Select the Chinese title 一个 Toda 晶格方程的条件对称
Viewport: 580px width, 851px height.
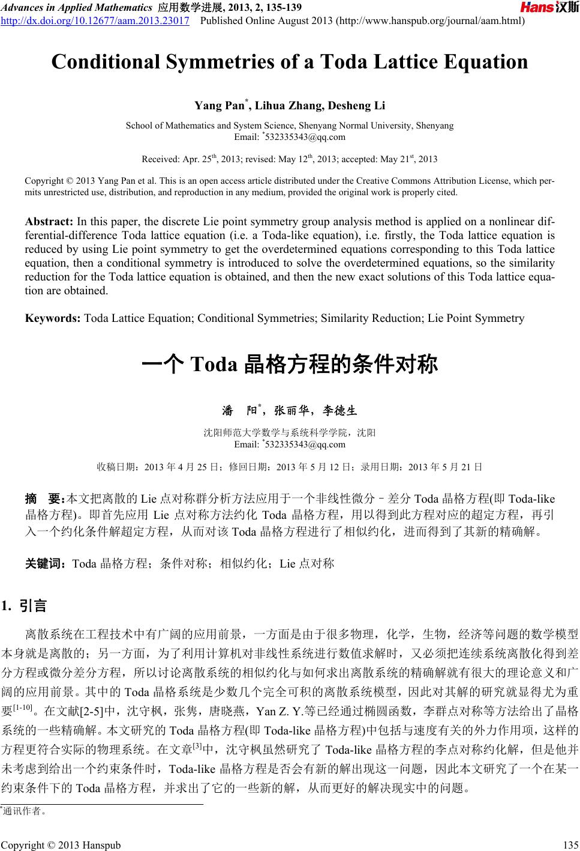point(290,365)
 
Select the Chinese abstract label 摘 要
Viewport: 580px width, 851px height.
point(44,498)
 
